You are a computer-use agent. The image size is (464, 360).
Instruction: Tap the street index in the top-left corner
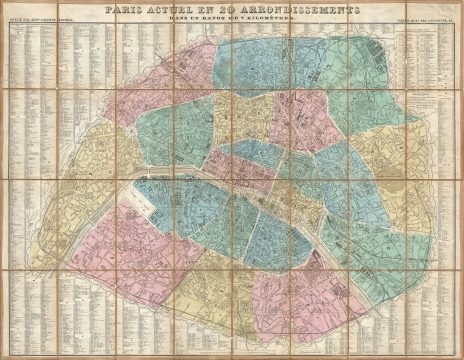(x=40, y=80)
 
